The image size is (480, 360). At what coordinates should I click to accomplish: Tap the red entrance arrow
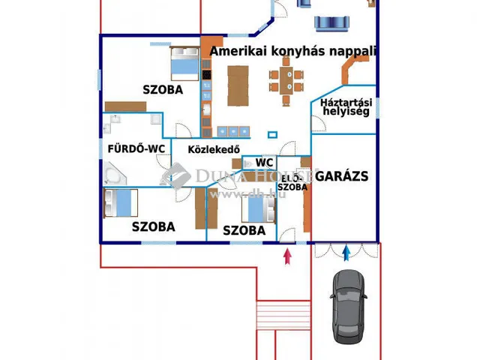coord(287,256)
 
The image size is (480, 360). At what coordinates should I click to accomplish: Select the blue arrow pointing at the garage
coord(346,253)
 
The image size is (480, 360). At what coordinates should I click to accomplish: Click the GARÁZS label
coord(341,177)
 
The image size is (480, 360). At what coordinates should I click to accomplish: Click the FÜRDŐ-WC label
coord(136,148)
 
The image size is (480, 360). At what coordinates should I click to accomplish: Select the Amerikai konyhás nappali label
coord(292,51)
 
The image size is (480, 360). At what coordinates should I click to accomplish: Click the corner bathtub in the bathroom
coord(115,175)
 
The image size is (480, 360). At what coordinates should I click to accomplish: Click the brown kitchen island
coord(238,85)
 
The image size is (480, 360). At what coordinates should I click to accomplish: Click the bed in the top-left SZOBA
coord(184,64)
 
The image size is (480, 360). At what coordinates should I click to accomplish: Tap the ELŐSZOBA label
coord(292,183)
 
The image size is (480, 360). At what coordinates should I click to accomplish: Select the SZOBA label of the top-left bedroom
coord(163,90)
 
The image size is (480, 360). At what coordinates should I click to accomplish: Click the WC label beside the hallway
coord(264,162)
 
